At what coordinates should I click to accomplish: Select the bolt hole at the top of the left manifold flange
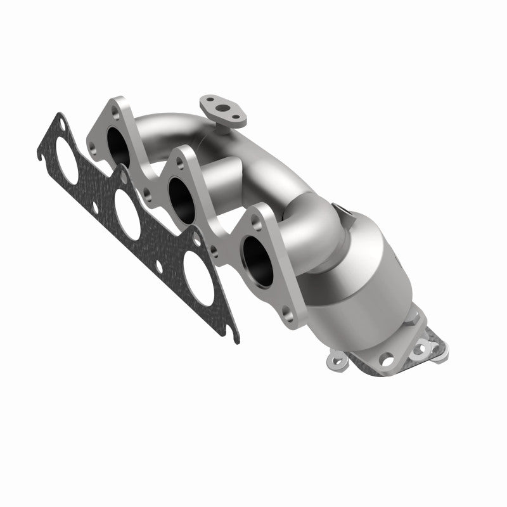coord(115,112)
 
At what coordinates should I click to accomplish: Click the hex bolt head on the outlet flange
coord(421,348)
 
